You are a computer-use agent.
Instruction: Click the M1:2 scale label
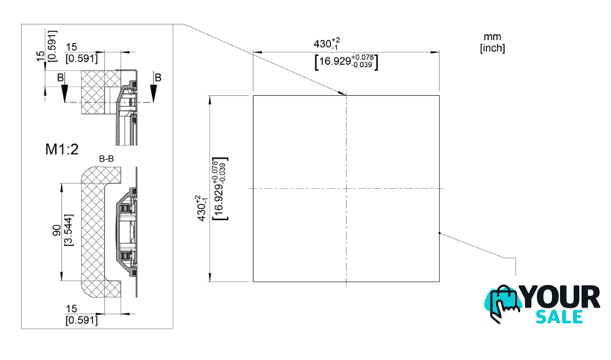point(62,149)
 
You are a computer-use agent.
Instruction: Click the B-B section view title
point(106,159)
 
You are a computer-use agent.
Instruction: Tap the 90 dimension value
point(57,230)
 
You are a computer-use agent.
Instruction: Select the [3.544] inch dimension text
point(68,230)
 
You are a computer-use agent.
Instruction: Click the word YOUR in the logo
point(561,297)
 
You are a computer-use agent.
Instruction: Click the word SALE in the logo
point(559,317)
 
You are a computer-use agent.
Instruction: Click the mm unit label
point(492,37)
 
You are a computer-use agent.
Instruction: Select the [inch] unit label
point(492,48)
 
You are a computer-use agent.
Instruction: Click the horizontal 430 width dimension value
point(327,43)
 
